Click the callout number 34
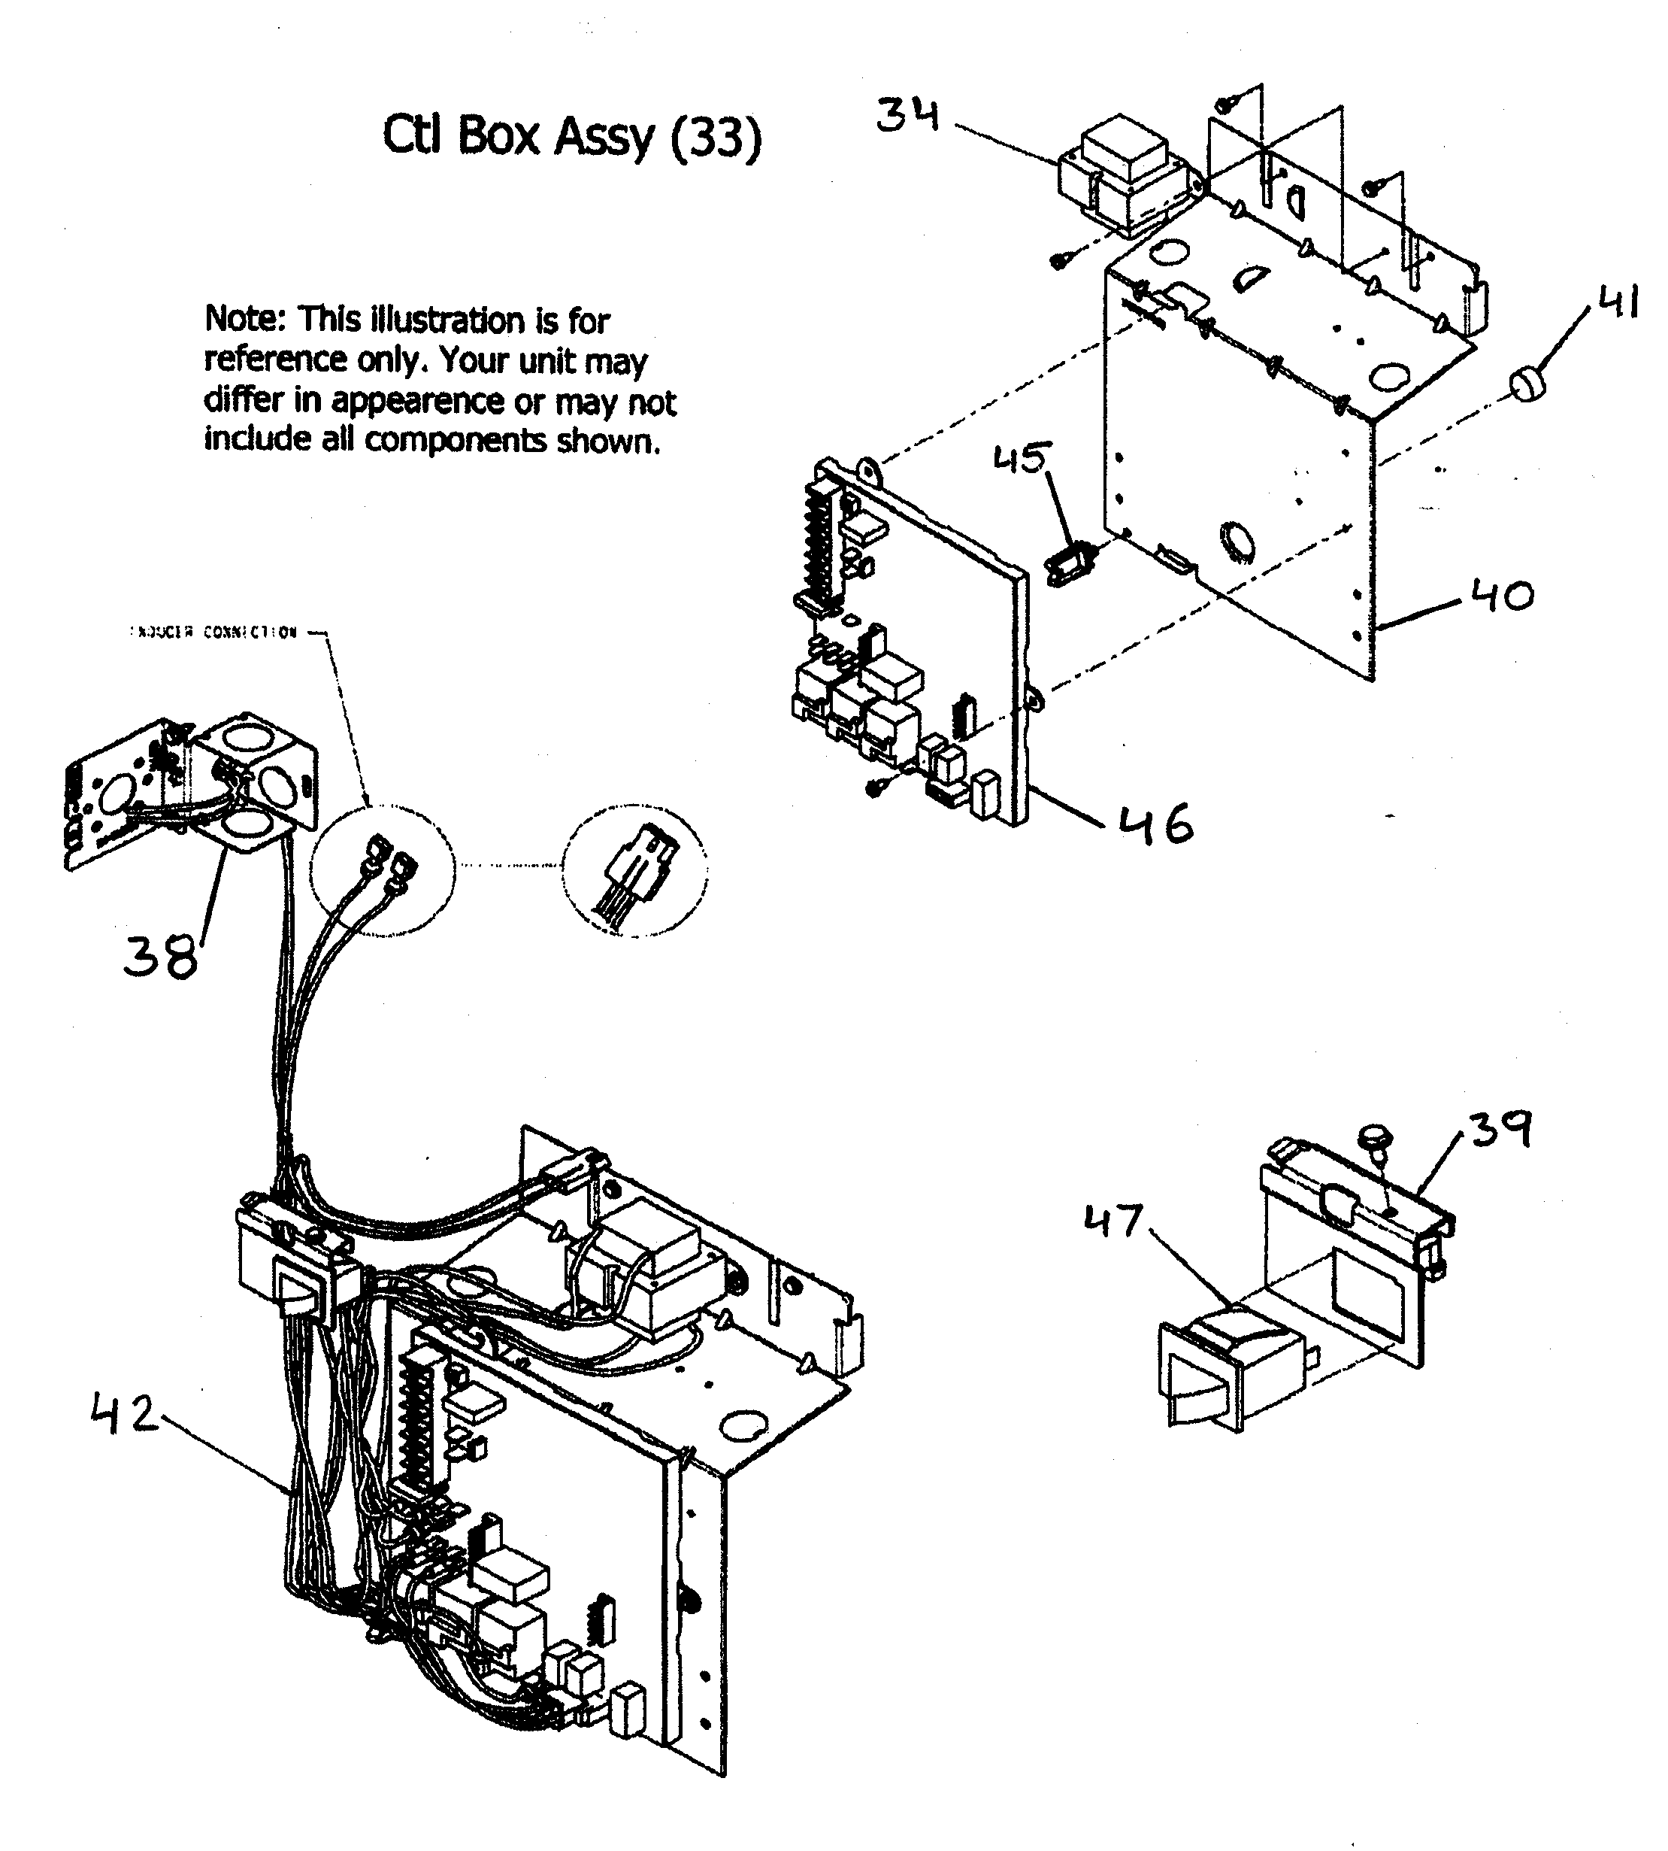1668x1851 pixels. point(907,116)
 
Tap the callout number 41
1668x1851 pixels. point(1618,302)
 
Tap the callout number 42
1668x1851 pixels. point(124,1415)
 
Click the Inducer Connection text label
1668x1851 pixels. point(213,633)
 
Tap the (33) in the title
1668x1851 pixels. point(716,138)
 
